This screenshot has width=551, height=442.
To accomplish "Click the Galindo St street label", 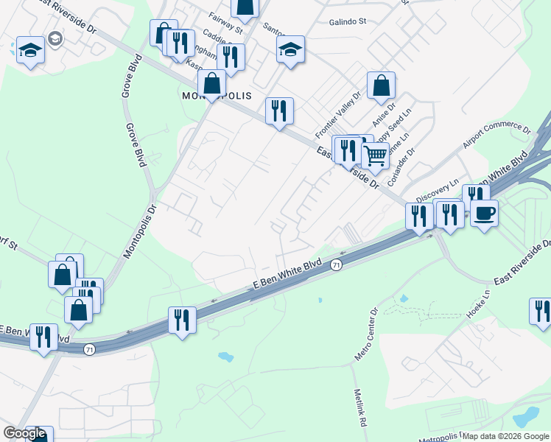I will pyautogui.click(x=347, y=22).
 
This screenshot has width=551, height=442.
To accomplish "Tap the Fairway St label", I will pyautogui.click(x=225, y=23).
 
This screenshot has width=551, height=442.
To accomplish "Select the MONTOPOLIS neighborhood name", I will pyautogui.click(x=217, y=97).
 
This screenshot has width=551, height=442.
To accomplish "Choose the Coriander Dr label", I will pyautogui.click(x=401, y=166).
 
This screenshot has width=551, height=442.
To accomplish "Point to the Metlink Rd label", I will pyautogui.click(x=359, y=409).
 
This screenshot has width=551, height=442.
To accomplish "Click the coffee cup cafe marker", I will pyautogui.click(x=484, y=213).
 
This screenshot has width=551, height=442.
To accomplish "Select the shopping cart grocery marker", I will pyautogui.click(x=375, y=156).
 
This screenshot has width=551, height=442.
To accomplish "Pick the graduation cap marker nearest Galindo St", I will pyautogui.click(x=290, y=49).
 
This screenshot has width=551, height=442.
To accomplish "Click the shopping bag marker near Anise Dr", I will pyautogui.click(x=381, y=85).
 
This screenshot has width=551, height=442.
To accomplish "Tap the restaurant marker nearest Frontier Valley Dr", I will pyautogui.click(x=279, y=111).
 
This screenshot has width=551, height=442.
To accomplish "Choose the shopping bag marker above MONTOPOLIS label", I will pyautogui.click(x=211, y=83).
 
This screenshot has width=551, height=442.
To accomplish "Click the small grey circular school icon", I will pyautogui.click(x=54, y=38).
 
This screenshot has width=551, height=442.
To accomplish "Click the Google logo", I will pyautogui.click(x=24, y=433).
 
